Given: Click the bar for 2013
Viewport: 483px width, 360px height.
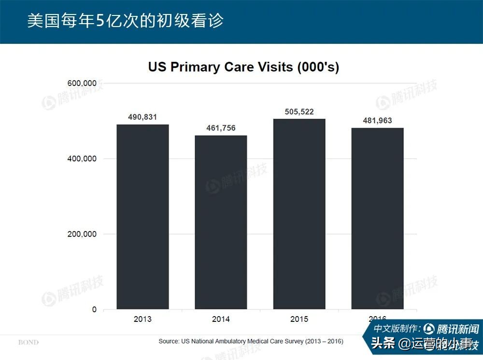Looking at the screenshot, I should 142,217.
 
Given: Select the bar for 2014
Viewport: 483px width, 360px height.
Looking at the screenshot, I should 221,222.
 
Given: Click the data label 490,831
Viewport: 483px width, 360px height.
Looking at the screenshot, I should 142,117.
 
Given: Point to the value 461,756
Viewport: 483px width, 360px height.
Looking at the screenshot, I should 221,128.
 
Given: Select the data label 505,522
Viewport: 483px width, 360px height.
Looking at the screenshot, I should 299,111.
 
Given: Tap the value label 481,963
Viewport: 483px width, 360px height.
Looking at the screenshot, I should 377,121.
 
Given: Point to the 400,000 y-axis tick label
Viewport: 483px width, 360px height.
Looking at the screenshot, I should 81,159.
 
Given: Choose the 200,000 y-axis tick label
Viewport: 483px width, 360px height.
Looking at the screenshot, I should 81,234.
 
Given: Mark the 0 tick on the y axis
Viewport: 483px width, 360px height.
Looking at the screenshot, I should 94,309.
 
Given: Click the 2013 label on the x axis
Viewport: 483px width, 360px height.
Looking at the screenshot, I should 142,319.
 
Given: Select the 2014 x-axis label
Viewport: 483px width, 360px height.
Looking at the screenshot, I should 221,319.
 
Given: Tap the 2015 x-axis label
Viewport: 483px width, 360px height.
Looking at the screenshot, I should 299,319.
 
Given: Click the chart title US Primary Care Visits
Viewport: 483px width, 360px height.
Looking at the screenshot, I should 243,67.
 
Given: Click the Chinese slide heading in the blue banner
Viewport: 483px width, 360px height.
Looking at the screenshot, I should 125,21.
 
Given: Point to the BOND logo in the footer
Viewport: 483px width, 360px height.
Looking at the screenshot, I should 28,342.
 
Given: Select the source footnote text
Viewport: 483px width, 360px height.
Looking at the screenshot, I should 251,341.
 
